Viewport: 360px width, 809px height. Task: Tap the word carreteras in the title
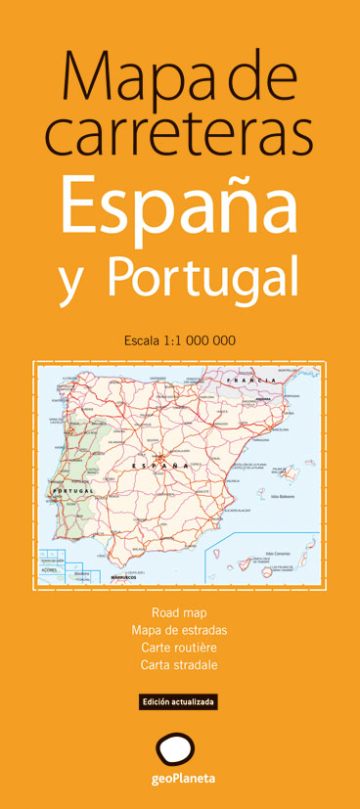point(179,134)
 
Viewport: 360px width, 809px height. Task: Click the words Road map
point(179,612)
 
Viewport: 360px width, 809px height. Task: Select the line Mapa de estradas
point(179,630)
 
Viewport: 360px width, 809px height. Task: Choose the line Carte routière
point(179,648)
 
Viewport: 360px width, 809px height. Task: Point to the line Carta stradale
point(179,665)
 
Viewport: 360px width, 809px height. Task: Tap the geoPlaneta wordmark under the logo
point(179,782)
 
